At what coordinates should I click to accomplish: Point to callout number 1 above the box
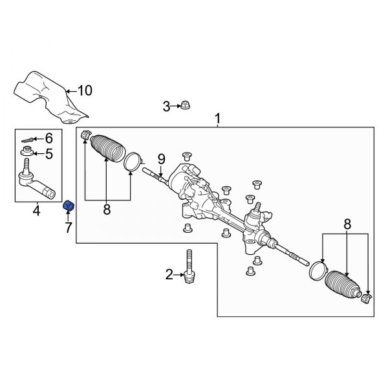(217, 119)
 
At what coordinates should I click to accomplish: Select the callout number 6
(48, 138)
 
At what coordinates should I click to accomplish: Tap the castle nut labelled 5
(27, 153)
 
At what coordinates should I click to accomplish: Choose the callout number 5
(48, 153)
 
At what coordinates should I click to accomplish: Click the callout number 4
(36, 210)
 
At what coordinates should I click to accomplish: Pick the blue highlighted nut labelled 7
(67, 206)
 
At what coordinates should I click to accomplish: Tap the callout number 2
(169, 275)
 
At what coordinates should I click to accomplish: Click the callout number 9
(161, 158)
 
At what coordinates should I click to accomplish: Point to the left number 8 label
(107, 209)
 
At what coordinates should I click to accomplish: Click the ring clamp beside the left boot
(133, 161)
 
